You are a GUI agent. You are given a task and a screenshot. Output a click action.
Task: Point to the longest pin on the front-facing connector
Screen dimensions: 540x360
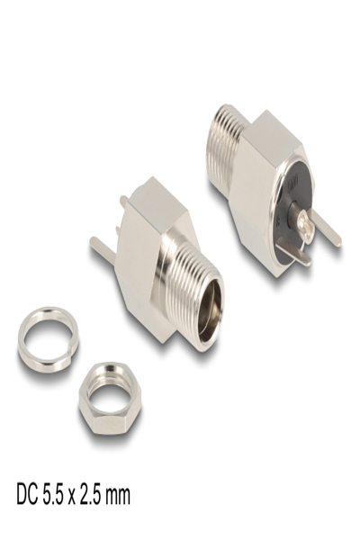(x=101, y=244)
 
